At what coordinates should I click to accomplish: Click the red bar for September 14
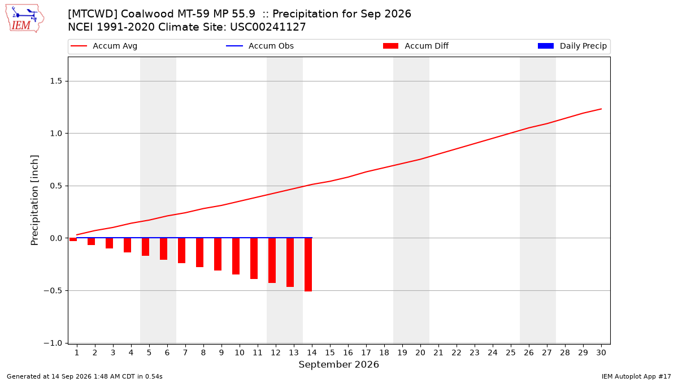click(x=308, y=265)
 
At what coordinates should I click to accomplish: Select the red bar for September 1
click(x=73, y=239)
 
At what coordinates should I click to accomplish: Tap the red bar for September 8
click(x=200, y=252)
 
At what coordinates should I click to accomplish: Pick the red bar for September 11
click(x=254, y=259)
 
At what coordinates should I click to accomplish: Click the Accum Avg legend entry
click(x=104, y=46)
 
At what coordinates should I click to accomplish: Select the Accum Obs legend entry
click(x=260, y=46)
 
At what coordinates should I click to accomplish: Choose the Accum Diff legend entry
click(x=416, y=46)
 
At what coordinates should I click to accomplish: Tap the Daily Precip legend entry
click(x=572, y=46)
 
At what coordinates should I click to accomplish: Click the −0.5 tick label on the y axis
click(x=53, y=291)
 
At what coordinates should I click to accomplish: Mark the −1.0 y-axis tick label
click(x=53, y=343)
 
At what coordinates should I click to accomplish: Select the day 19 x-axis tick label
click(x=402, y=353)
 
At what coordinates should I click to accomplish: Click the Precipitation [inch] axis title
click(x=34, y=200)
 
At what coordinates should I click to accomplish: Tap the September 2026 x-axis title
click(x=338, y=364)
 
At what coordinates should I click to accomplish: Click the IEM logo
click(x=25, y=19)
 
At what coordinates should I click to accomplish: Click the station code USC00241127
click(x=268, y=27)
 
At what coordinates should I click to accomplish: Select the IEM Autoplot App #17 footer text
click(x=636, y=376)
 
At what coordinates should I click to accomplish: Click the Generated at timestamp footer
click(x=84, y=376)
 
